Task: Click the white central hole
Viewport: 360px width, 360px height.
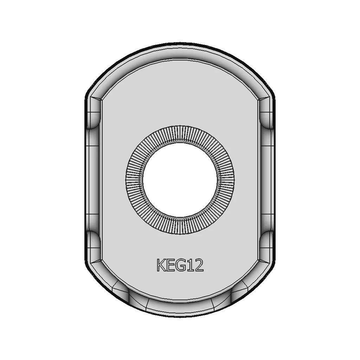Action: tap(180, 180)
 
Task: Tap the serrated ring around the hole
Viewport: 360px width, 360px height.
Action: tap(134, 180)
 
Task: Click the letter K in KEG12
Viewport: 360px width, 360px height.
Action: tap(162, 265)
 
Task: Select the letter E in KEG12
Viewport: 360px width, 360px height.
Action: tap(172, 265)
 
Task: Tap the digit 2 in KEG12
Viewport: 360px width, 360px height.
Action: tap(199, 265)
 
